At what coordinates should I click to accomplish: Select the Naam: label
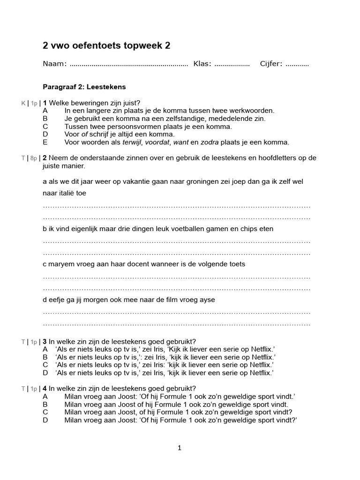tap(55, 64)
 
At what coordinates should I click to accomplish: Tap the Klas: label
tap(202, 64)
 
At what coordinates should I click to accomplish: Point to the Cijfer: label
tap(271, 64)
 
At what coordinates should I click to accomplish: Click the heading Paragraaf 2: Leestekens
tap(84, 87)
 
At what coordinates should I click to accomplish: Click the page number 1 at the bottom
tap(179, 448)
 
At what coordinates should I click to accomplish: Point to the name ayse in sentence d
tap(207, 300)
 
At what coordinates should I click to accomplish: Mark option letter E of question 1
tap(45, 142)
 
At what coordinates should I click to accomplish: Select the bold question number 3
tap(45, 342)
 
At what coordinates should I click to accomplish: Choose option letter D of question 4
tap(45, 420)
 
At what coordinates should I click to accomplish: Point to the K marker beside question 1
tap(23, 103)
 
